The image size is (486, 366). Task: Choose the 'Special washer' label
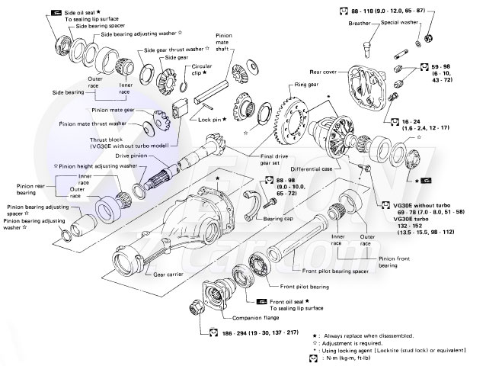[404, 24]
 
